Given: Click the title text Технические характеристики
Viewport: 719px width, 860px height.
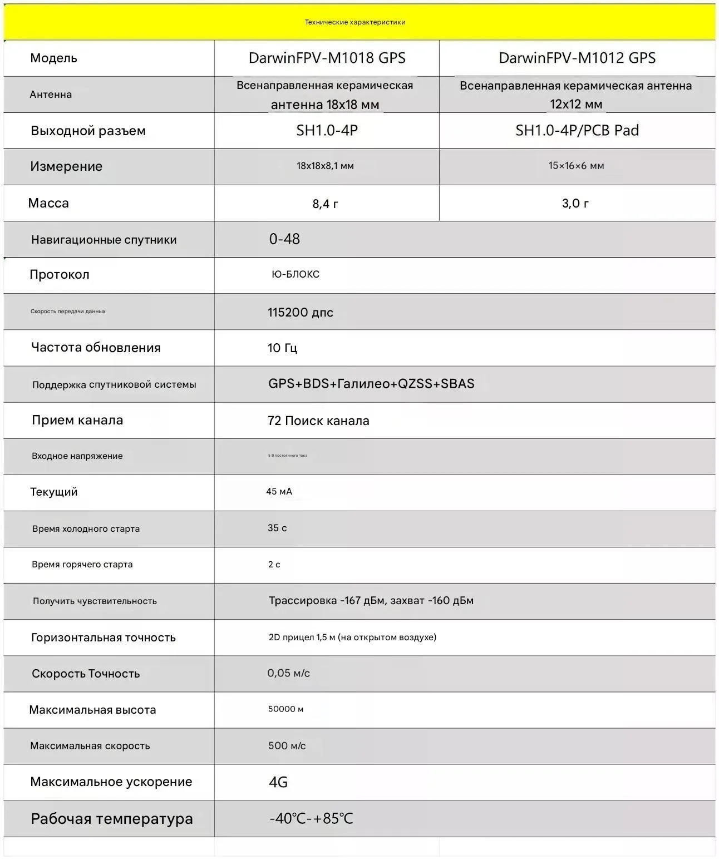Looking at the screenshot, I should click(355, 22).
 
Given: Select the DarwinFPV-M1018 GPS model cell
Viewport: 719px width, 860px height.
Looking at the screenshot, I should click(327, 58).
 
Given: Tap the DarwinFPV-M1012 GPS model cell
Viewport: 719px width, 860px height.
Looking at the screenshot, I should click(577, 58).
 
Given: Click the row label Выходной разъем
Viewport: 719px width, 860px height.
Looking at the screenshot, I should click(88, 131).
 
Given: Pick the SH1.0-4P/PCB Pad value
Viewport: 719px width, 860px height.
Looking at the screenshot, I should click(577, 130).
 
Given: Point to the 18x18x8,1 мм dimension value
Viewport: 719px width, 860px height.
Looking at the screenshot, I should click(325, 166).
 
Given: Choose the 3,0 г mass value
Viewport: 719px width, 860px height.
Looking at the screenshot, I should click(575, 203).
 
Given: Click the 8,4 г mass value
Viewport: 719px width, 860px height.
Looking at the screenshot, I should click(326, 204).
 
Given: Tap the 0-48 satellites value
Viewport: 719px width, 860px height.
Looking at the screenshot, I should click(284, 239).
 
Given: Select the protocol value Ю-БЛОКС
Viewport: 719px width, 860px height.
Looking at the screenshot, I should click(296, 274).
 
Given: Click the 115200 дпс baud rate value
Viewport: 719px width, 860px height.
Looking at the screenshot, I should click(301, 312).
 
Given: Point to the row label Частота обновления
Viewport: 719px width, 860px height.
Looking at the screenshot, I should click(96, 348).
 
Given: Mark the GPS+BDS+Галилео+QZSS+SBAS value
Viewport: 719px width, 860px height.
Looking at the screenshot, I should click(371, 383).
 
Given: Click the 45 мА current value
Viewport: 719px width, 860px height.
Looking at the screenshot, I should click(279, 491).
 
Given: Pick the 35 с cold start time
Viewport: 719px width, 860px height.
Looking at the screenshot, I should click(277, 528).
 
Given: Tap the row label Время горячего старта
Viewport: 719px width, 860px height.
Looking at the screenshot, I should click(82, 564).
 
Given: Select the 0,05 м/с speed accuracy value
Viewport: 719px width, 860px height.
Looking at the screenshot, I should click(288, 673).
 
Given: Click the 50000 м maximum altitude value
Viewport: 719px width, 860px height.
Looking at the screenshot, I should click(285, 709).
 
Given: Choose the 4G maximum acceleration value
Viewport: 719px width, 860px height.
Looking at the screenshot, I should click(278, 782).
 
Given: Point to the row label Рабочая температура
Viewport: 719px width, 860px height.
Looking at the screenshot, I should click(111, 819).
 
